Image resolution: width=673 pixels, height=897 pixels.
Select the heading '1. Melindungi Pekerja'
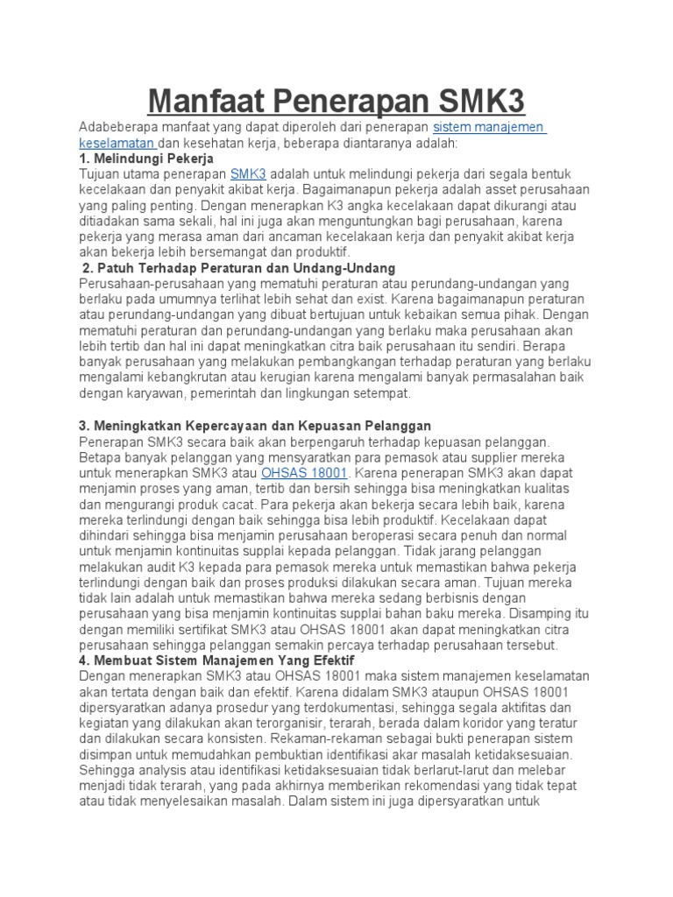(146, 159)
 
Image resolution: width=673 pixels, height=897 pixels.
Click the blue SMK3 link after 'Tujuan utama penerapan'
(248, 174)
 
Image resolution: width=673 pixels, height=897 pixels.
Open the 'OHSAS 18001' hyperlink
(305, 473)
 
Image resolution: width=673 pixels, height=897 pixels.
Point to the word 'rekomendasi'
(474, 786)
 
